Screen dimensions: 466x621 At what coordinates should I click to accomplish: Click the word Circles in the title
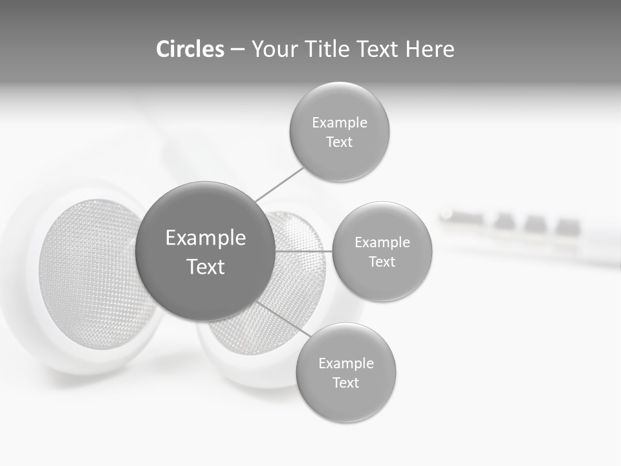tap(190, 49)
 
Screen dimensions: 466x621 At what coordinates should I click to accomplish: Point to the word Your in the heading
tap(273, 49)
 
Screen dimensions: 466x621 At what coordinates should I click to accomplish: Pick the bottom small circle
tap(346, 401)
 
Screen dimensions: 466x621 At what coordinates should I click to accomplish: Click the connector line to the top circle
tap(279, 184)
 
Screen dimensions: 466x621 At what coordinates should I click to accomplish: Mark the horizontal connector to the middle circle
tap(303, 250)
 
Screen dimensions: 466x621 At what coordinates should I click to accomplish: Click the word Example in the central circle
tap(206, 238)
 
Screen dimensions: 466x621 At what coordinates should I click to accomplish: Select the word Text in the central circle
tap(206, 267)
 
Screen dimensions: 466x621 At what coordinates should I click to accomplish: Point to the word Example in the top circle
tap(340, 123)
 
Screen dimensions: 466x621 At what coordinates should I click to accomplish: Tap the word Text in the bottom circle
tap(346, 383)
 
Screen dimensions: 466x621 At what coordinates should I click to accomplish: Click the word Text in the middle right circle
tap(382, 261)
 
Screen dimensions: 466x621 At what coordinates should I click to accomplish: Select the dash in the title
tap(237, 50)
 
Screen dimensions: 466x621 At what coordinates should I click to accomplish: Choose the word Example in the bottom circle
tap(346, 364)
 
